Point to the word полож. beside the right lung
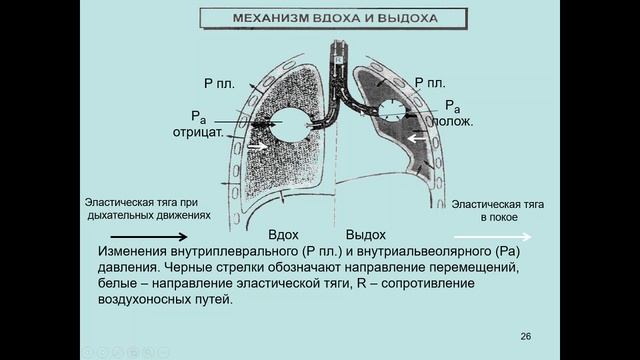coord(452,121)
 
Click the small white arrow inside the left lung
coord(259,146)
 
